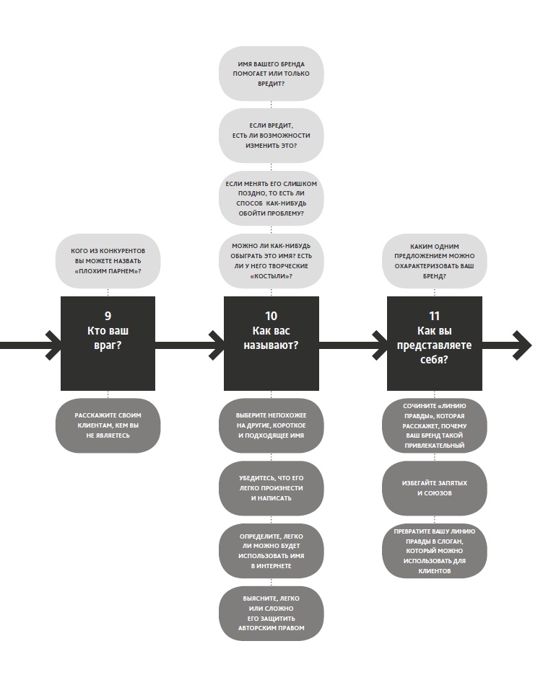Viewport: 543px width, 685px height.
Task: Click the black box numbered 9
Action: point(108,343)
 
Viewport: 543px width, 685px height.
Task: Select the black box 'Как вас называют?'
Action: point(271,343)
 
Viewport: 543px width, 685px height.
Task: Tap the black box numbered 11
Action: point(434,343)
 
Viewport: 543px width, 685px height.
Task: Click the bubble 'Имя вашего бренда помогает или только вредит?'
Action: point(271,74)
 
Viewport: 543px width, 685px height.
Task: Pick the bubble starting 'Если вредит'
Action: point(271,136)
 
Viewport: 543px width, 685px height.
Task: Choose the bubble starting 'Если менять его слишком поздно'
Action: point(271,198)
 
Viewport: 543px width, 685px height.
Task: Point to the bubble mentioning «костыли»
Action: point(271,260)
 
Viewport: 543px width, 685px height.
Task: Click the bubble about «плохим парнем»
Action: point(108,260)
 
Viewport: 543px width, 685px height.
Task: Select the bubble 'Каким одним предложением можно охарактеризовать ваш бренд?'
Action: point(434,260)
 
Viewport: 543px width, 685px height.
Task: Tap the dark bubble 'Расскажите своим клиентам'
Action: point(108,425)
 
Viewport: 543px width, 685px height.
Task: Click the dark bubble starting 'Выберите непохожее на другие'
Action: point(271,425)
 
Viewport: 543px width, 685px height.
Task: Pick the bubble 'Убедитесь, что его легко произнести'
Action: point(271,488)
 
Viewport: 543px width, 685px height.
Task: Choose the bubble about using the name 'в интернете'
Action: point(271,551)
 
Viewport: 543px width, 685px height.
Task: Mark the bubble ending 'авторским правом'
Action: point(271,613)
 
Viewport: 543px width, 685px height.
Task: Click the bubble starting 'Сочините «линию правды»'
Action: point(434,425)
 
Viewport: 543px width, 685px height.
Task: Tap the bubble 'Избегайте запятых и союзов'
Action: point(434,488)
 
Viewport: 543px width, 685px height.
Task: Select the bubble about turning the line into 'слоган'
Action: point(434,551)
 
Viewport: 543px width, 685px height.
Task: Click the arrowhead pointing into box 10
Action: point(215,345)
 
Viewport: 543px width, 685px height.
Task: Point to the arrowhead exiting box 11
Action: point(523,345)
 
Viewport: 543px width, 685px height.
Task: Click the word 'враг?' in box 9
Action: point(108,345)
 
